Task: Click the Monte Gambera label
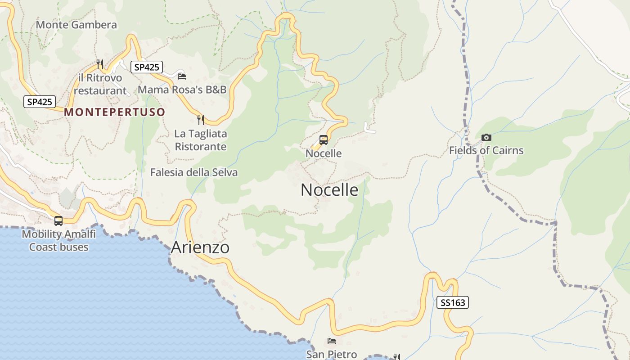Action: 76,25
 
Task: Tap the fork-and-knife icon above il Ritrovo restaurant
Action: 100,64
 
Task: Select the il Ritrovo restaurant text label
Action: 100,84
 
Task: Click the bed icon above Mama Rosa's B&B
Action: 182,76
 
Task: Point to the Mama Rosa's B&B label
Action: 182,90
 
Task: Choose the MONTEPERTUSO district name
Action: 115,112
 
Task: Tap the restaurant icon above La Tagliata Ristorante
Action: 201,120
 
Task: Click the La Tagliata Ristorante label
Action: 201,140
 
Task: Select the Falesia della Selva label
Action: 194,172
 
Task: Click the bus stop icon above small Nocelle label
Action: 324,140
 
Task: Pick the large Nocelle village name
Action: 329,190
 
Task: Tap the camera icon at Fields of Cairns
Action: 486,138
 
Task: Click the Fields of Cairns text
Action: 486,150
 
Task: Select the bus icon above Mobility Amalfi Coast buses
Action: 58,221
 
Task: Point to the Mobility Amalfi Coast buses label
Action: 59,240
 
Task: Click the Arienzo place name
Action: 200,247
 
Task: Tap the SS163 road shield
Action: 453,302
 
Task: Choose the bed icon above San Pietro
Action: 332,341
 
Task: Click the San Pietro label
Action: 332,355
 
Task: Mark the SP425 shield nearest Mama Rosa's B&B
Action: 146,67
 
